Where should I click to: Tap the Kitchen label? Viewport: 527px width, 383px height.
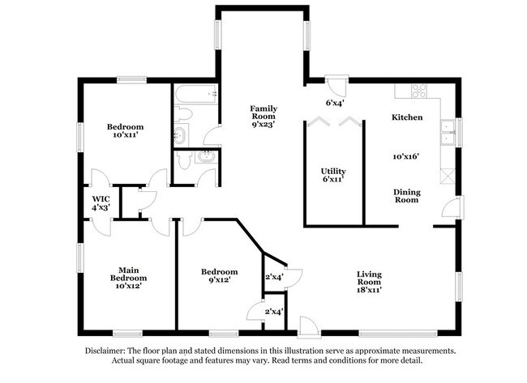click(x=407, y=117)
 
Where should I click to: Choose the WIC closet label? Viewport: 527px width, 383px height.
click(x=101, y=198)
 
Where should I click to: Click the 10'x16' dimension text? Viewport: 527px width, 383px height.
click(x=407, y=155)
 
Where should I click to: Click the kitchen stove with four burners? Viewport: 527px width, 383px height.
click(x=418, y=90)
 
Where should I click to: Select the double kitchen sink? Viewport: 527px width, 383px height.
click(x=446, y=132)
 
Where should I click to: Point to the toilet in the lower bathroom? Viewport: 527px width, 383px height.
click(x=183, y=160)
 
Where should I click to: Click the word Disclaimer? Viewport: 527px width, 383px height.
click(x=107, y=351)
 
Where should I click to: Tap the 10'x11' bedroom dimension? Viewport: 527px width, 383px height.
click(x=126, y=137)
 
